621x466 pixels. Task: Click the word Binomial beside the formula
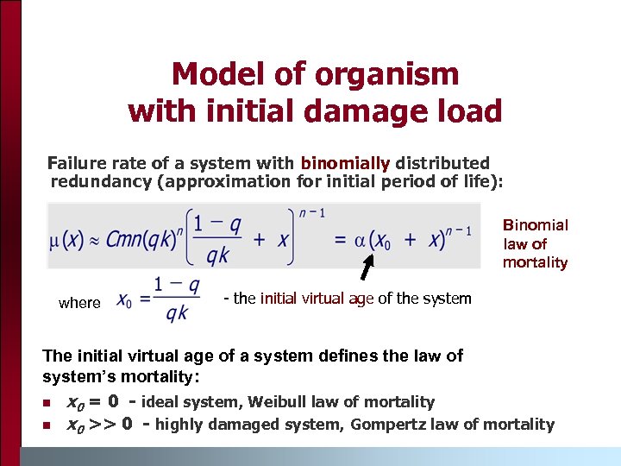coord(536,225)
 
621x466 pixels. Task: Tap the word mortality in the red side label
coord(535,262)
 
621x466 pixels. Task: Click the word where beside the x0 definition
coord(79,303)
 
